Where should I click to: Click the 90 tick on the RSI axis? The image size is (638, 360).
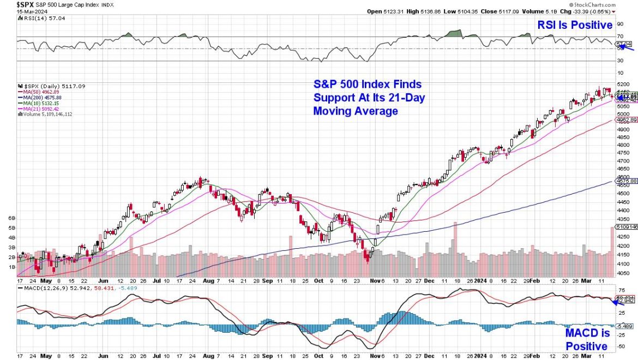pyautogui.click(x=620, y=25)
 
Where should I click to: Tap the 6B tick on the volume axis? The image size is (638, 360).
pyautogui.click(x=12, y=218)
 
